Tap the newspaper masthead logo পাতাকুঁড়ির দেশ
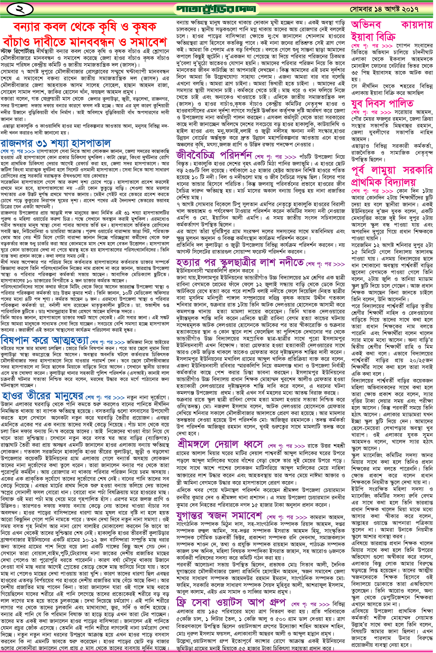tap(216, 8)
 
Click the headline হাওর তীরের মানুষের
tap(42, 396)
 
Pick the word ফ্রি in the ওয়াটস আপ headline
tap(184, 602)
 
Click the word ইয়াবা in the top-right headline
tap(363, 36)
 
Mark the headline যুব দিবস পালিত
tap(382, 103)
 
